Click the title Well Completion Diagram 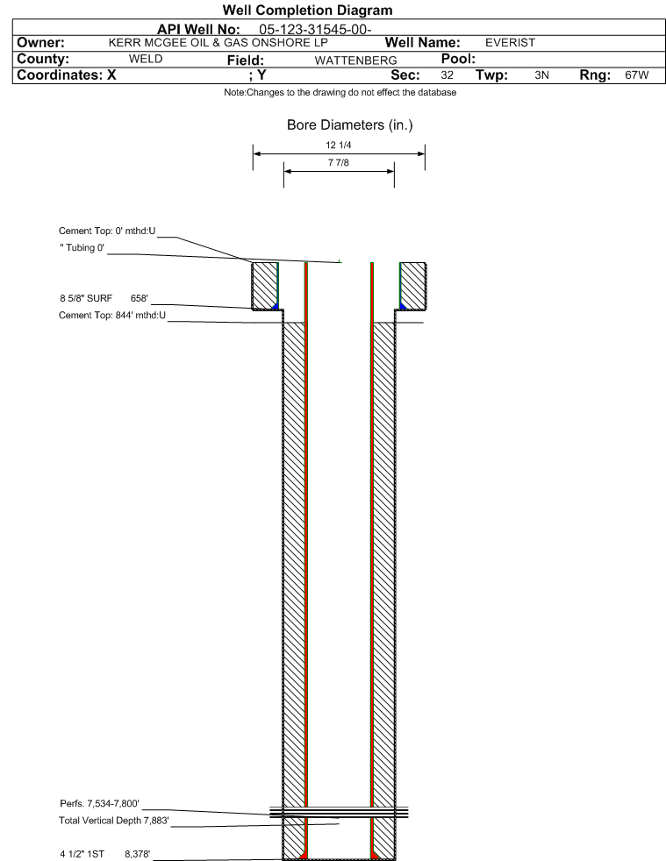point(308,11)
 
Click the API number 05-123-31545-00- point(315,30)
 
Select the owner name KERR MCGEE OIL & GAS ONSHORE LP point(218,43)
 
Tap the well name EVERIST point(510,43)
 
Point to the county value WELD point(146,60)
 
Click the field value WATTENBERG point(355,60)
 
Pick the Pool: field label point(458,59)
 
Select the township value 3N point(541,75)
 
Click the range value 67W point(637,75)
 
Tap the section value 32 point(448,75)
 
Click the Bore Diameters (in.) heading point(349,125)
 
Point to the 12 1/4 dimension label point(339,145)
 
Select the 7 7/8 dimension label point(339,162)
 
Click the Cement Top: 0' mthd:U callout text point(107,231)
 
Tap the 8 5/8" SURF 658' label point(104,298)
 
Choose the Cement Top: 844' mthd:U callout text point(112,315)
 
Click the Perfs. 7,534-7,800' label point(99,804)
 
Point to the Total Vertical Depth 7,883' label point(114,821)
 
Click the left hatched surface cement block point(265,286)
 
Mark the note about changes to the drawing point(340,92)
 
